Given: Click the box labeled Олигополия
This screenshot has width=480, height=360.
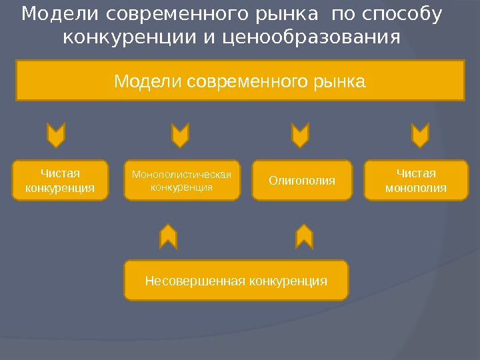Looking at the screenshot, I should (x=302, y=180).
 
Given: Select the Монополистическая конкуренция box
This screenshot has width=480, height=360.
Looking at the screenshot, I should (x=181, y=180).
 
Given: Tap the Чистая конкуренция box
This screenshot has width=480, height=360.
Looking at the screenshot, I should (x=60, y=180).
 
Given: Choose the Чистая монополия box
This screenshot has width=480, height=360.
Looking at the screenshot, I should (x=416, y=180).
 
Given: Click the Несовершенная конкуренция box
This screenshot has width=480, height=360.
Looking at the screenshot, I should (x=236, y=280).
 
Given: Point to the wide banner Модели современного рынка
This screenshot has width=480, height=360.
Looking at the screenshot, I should (x=240, y=81).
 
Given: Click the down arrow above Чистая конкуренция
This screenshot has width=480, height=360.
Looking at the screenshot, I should (x=56, y=135).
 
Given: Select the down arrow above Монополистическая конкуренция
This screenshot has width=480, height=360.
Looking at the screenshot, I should (x=180, y=135).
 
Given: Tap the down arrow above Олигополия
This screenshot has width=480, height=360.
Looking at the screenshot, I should (x=301, y=135).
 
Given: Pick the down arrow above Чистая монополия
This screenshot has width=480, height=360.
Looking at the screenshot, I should (x=420, y=135).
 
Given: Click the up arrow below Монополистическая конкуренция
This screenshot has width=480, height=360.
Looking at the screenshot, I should (x=169, y=236).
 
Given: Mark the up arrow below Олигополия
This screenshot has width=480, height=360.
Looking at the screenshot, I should (x=304, y=236).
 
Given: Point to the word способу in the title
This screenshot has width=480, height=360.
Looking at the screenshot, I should (x=403, y=14).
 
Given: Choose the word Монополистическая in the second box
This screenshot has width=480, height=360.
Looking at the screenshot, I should (x=181, y=175).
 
